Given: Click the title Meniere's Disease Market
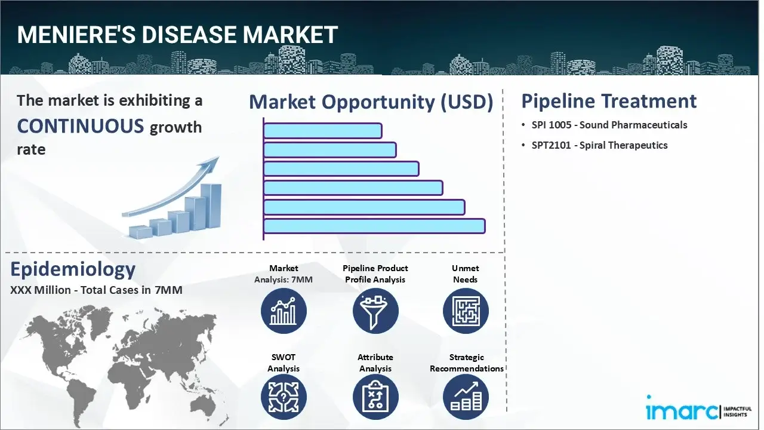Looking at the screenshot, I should coord(177,35).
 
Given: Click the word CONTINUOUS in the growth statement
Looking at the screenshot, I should coord(81,126).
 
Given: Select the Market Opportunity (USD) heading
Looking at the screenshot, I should coord(371,102).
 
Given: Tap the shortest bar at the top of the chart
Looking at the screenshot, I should coord(322,131).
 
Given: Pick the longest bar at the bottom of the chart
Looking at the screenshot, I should coord(374,226).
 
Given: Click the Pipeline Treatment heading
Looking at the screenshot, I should coord(609,101).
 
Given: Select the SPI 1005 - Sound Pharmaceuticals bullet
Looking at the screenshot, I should coord(609,125).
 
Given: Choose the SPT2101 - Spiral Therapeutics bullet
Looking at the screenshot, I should coord(599,145).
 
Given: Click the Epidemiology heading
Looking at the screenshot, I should coord(73,269).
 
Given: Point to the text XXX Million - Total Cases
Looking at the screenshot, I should coord(96,290).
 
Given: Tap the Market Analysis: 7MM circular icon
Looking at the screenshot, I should coord(284,311).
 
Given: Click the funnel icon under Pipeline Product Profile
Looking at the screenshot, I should coord(375,311).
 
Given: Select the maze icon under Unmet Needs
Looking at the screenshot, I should coord(466,311).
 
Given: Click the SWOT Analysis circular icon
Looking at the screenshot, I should coord(284,397).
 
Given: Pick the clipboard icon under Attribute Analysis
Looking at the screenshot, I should coord(375,397).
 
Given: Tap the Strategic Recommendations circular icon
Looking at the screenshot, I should coord(466,397).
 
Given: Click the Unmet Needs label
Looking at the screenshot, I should coord(466,274).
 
